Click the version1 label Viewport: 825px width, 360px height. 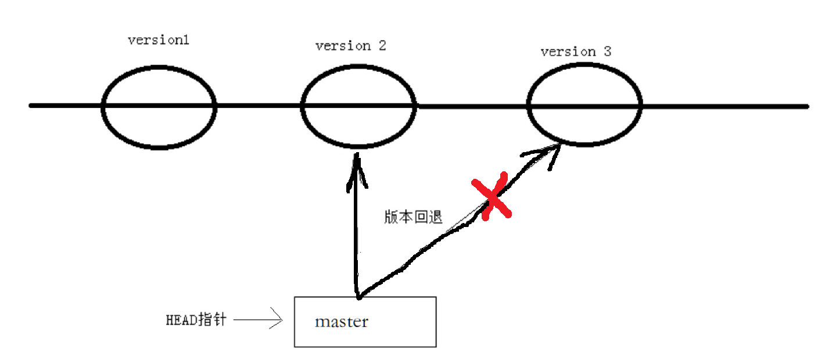tap(159, 41)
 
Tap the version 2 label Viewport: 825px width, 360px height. tap(350, 46)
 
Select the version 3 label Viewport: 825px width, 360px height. tap(576, 52)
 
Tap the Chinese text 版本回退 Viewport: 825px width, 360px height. tap(413, 217)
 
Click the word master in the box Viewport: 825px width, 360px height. tap(342, 322)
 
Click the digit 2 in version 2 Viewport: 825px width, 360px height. tap(381, 45)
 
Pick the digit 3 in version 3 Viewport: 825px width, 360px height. tap(607, 51)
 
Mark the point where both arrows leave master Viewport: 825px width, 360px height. tap(357, 297)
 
